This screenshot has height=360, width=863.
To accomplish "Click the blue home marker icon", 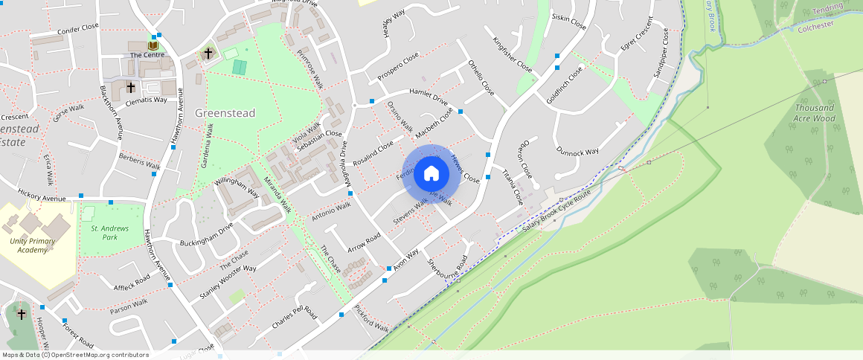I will [431, 174].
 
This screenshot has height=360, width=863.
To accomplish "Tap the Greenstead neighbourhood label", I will [225, 113].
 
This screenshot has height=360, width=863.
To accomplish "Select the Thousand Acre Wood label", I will [814, 113].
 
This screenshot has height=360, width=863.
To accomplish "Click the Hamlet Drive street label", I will [429, 96].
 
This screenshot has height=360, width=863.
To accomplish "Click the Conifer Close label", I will [78, 30].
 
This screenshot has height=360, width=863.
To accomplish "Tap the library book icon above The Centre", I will [153, 45].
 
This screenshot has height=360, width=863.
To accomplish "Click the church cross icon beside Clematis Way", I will [131, 87].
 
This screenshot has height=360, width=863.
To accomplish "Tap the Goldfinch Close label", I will [565, 85].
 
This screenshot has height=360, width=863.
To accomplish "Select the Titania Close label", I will [513, 187].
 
